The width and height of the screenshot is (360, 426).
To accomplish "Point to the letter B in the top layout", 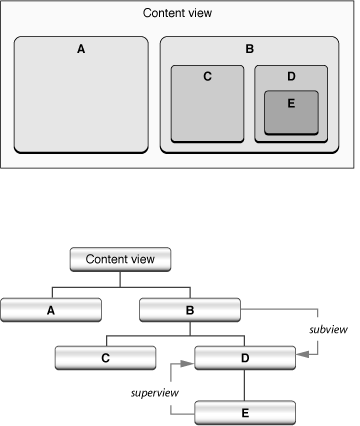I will click(249, 47).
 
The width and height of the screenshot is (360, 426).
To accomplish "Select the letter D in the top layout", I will click(291, 76).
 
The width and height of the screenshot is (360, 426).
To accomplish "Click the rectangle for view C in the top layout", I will click(207, 110).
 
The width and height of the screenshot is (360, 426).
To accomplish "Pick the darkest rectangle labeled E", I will click(291, 116).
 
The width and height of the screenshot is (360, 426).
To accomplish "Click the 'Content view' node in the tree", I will click(121, 258).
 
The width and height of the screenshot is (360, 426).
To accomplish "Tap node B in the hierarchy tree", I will click(191, 309).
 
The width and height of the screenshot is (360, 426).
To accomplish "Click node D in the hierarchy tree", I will click(245, 357).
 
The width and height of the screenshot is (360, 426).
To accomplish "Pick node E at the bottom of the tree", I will click(245, 410).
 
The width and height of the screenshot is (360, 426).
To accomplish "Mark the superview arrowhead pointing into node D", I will click(189, 364).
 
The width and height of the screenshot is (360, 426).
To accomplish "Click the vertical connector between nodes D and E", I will click(245, 384).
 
